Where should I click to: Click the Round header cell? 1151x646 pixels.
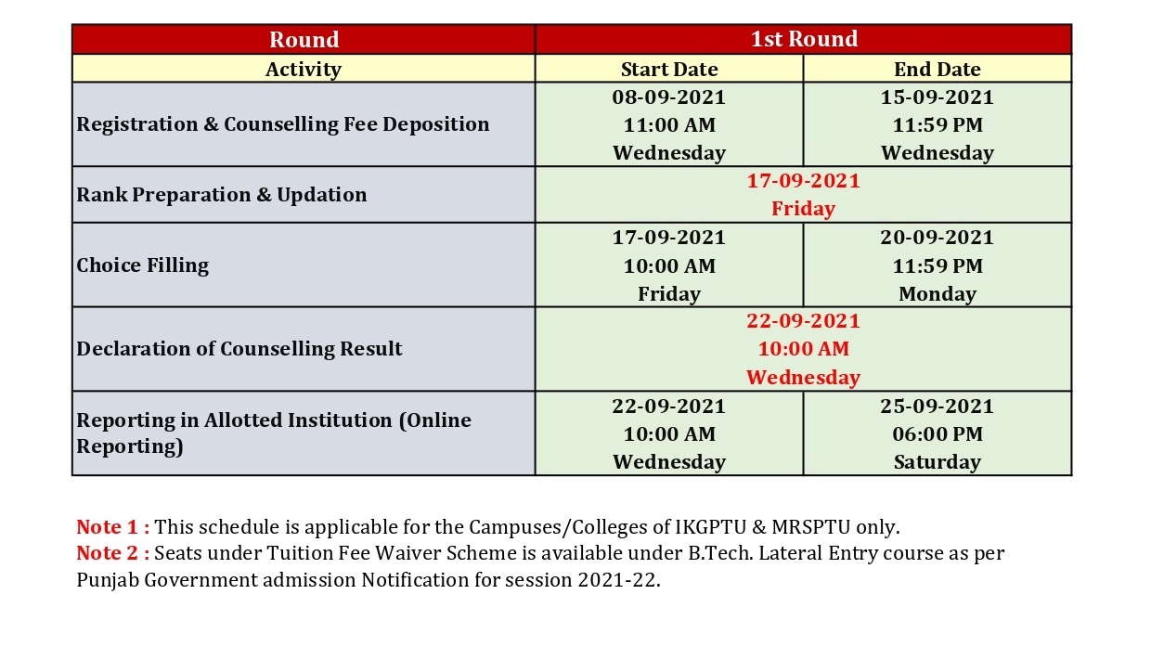[304, 40]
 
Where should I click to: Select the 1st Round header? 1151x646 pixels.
[804, 39]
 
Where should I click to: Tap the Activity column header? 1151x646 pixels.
[304, 70]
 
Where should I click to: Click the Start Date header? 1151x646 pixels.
[669, 70]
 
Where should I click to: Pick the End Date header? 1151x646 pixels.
[938, 70]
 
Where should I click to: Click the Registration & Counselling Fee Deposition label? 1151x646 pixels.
[282, 124]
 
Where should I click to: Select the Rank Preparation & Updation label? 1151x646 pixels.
[222, 195]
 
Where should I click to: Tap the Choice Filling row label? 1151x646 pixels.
[142, 265]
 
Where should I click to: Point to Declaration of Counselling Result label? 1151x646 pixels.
[239, 349]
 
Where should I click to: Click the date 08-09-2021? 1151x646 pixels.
[669, 97]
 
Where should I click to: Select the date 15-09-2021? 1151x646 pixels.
[938, 97]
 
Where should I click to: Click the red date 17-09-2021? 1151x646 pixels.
[803, 181]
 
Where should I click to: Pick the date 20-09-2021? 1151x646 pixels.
[938, 238]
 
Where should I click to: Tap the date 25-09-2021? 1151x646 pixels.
[938, 407]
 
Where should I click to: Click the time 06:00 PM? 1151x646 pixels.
[938, 434]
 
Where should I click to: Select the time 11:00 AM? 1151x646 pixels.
[669, 125]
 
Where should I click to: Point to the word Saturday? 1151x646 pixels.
[938, 462]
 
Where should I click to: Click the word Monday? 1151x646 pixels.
[938, 294]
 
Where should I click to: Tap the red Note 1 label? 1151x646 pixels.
[113, 527]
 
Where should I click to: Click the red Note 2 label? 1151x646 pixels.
[113, 553]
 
